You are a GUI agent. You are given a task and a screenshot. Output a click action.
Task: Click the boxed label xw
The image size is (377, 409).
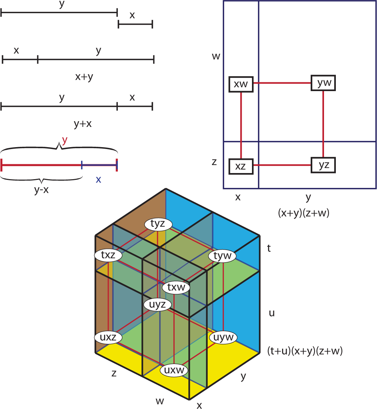(241, 84)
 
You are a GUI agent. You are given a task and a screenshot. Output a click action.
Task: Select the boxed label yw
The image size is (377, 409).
(323, 83)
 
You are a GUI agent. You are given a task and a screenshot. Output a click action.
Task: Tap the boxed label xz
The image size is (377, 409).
(241, 166)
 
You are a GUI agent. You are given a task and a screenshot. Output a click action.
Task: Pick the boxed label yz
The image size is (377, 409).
(323, 165)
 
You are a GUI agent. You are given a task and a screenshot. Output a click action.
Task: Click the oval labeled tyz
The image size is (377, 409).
(158, 224)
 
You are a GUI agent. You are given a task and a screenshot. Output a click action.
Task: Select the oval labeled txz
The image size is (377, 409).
(108, 255)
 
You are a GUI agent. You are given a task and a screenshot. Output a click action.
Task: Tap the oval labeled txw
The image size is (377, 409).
(176, 287)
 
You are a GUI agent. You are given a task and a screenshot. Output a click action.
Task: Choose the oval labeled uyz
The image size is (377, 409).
(157, 304)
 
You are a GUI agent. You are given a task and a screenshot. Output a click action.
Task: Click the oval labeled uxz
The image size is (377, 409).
(108, 337)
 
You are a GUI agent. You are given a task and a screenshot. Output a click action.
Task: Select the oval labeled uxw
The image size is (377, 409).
(174, 370)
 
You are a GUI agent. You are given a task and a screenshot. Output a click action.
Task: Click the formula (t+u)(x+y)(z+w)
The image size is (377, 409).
(305, 351)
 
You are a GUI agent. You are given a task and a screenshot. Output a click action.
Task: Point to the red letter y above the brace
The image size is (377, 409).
(64, 140)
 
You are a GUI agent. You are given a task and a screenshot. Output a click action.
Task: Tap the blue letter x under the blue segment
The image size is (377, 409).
(98, 180)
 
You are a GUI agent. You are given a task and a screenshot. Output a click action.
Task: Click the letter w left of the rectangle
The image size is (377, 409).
(216, 56)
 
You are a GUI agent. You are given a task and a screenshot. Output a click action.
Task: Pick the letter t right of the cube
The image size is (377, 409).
(269, 249)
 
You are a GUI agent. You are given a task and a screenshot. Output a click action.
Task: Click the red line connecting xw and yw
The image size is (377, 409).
(282, 83)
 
